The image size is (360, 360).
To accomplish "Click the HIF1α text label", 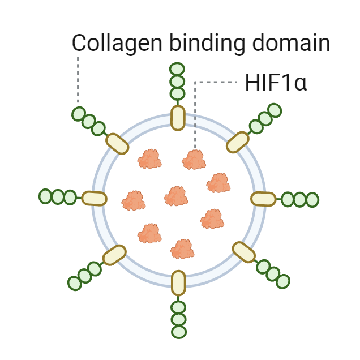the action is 276,83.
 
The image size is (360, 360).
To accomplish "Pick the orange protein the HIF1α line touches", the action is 194,160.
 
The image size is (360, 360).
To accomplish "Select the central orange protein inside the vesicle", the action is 176,196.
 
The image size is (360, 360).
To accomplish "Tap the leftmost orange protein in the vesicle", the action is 134,200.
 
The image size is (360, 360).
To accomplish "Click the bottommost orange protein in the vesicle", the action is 183,248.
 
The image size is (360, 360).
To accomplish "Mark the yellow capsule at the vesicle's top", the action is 178,117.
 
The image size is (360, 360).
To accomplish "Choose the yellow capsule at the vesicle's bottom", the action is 178,283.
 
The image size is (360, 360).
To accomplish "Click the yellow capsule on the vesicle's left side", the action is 94,198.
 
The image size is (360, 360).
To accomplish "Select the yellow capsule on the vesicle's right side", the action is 263,199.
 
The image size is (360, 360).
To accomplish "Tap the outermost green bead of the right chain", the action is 312,200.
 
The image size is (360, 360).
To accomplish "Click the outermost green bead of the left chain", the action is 45,196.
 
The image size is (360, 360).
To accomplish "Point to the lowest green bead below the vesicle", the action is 179,332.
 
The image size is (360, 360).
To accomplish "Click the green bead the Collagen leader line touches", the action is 79,114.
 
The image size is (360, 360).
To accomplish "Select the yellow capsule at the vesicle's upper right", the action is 238,142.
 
